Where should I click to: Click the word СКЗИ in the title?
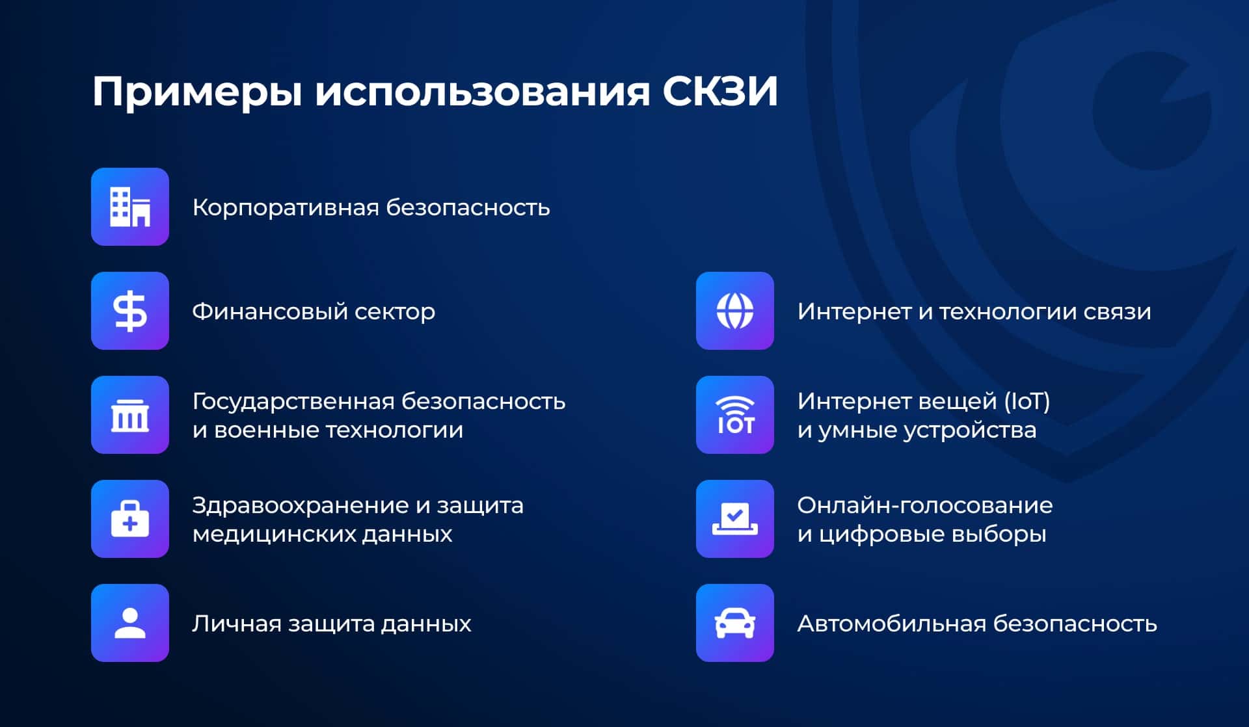click(720, 91)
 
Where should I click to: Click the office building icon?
click(130, 207)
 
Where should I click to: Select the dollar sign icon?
click(130, 311)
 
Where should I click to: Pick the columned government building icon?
click(130, 415)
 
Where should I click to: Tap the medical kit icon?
click(130, 519)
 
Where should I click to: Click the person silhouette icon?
click(130, 623)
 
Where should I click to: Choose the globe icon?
click(735, 311)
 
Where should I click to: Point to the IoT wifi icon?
click(735, 415)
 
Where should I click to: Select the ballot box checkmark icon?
click(735, 519)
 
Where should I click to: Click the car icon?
click(735, 623)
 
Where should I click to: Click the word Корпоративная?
click(286, 209)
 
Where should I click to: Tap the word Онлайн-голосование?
click(925, 506)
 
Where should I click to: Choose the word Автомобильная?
click(892, 624)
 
